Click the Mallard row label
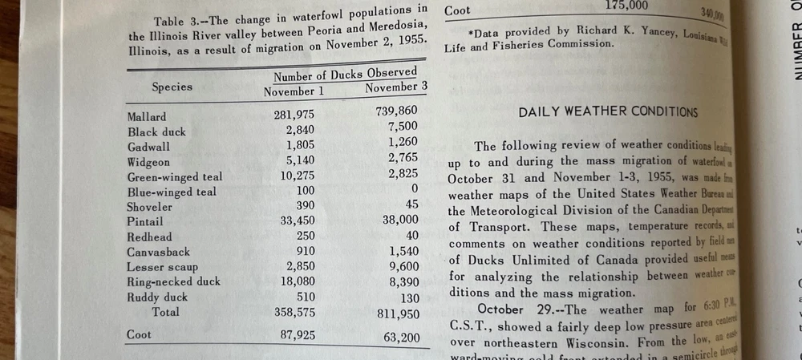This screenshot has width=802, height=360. pyautogui.click(x=147, y=117)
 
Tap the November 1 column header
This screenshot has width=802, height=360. pyautogui.click(x=294, y=92)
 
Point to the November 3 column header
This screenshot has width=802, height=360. pyautogui.click(x=396, y=87)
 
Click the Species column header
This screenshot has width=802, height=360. pyautogui.click(x=172, y=87)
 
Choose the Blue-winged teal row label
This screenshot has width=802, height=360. pyautogui.click(x=172, y=192)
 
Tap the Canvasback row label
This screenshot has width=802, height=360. pyautogui.click(x=158, y=253)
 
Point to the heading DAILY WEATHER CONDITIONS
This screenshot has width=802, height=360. pyautogui.click(x=608, y=112)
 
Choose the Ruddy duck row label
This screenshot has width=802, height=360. pyautogui.click(x=157, y=297)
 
